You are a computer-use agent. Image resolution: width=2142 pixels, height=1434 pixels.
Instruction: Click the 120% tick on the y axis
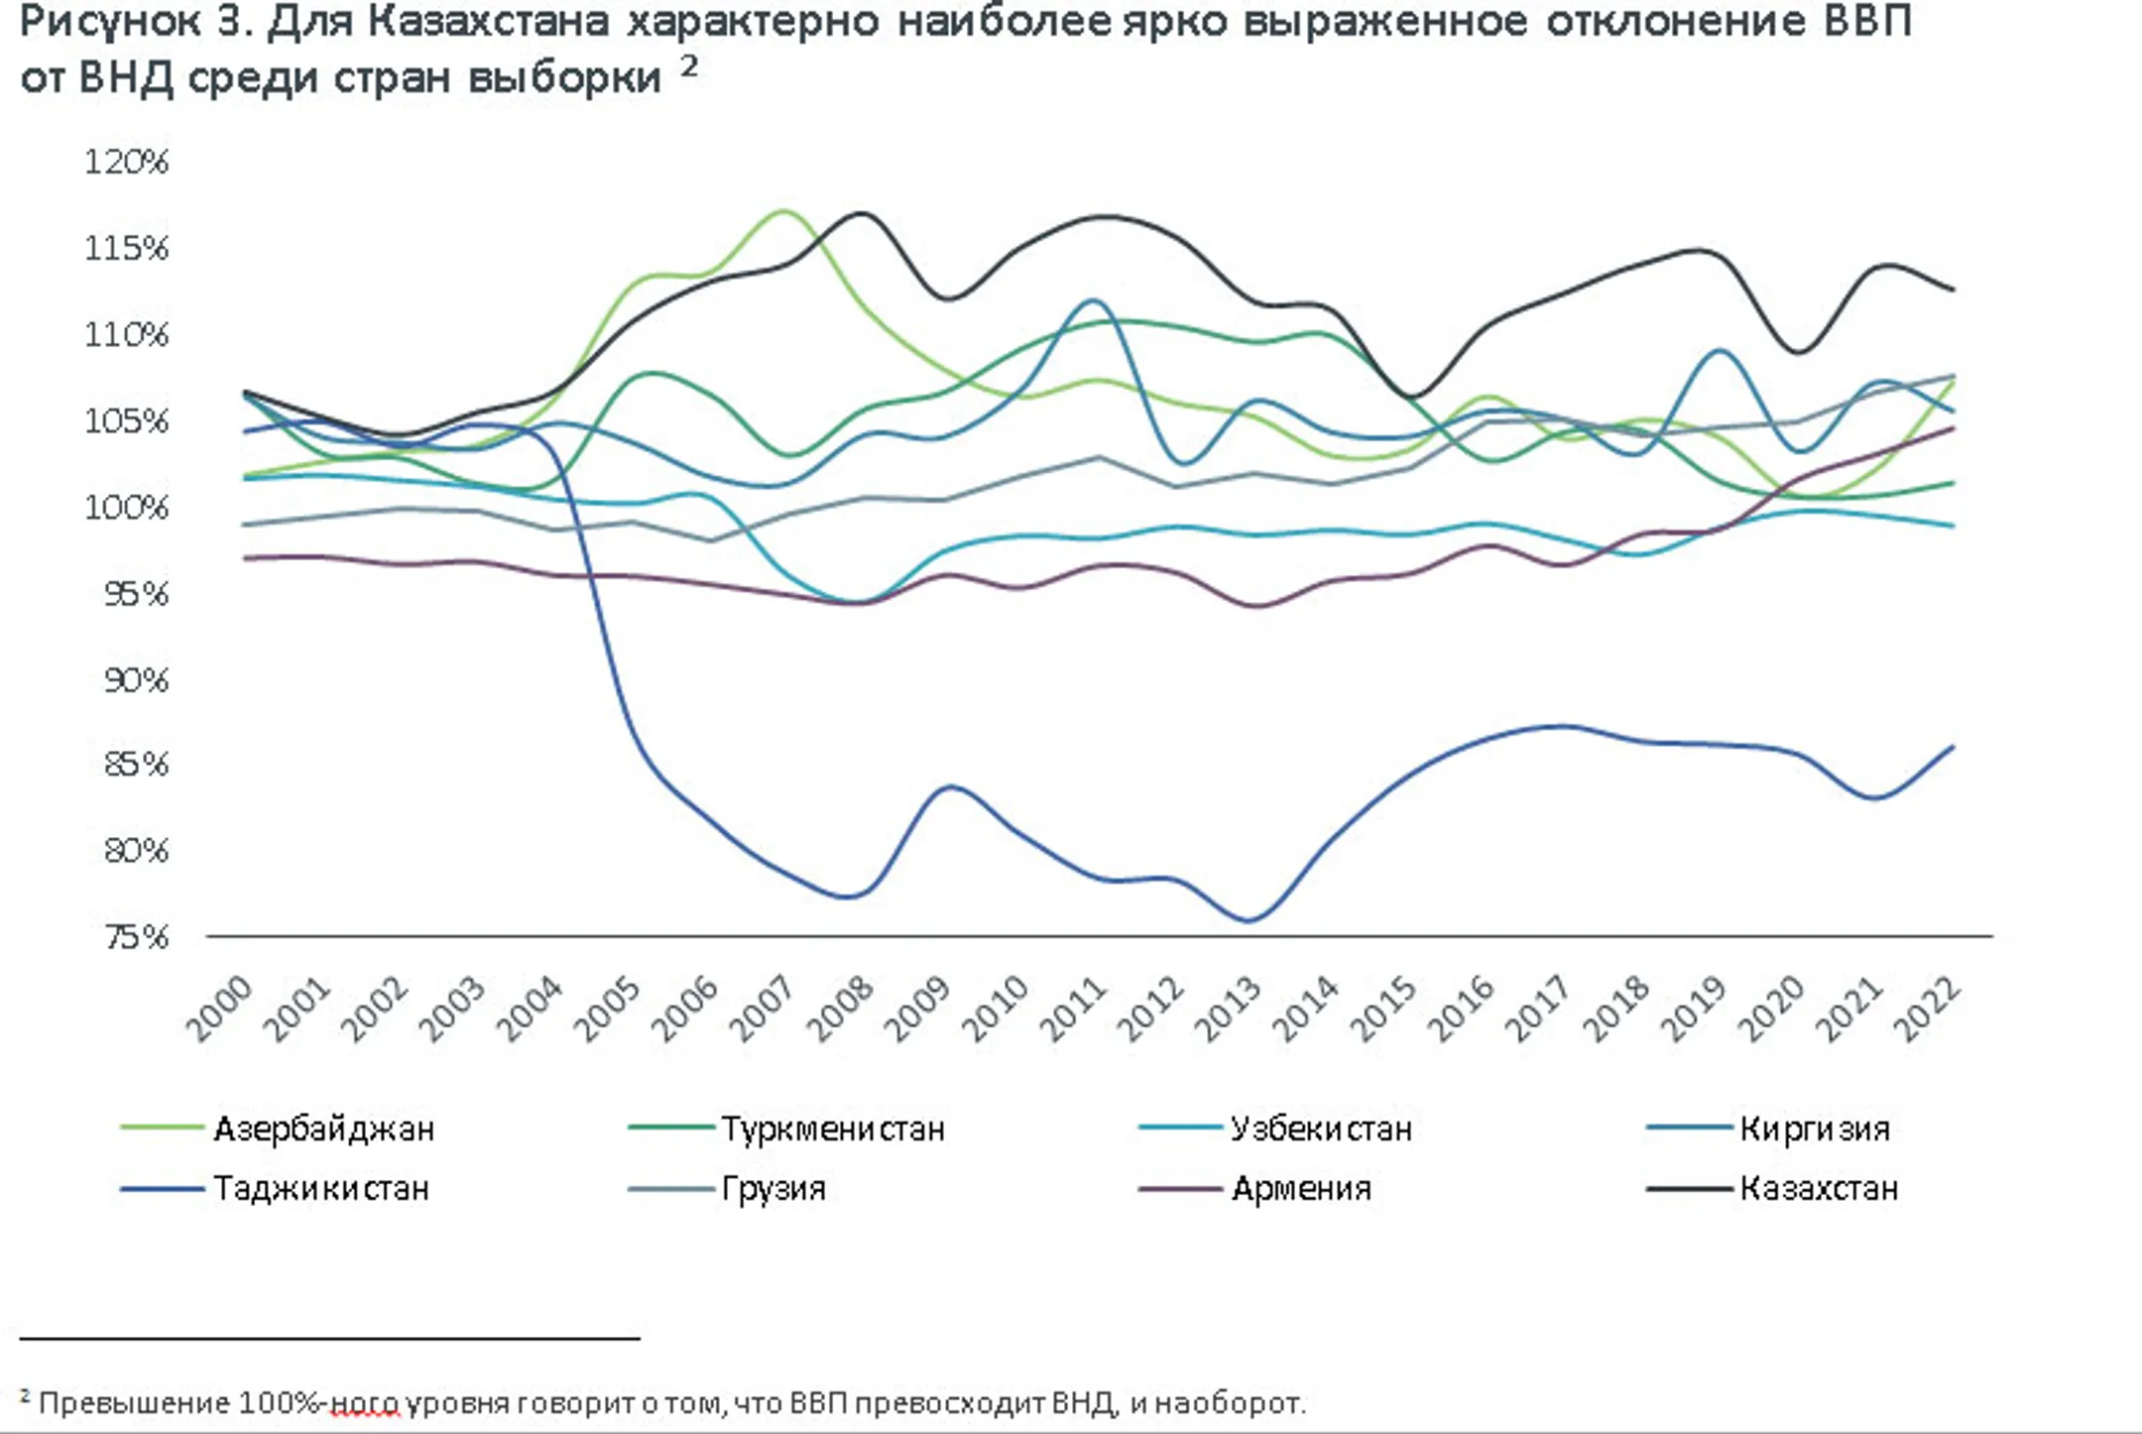pyautogui.click(x=126, y=161)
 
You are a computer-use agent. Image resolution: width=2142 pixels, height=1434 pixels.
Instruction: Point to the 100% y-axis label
pyautogui.click(x=126, y=508)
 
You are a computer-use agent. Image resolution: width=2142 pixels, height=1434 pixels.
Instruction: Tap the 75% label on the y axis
pyautogui.click(x=136, y=936)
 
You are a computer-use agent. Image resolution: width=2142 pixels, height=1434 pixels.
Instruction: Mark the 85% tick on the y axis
pyautogui.click(x=136, y=764)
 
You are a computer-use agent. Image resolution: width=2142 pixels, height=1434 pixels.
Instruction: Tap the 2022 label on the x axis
pyautogui.click(x=1927, y=1009)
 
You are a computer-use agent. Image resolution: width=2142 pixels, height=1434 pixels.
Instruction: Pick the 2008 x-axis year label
pyautogui.click(x=841, y=1009)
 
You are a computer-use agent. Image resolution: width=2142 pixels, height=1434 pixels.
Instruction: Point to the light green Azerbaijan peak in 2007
pyautogui.click(x=782, y=211)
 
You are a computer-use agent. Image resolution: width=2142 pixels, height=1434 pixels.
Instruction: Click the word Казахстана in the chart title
pyautogui.click(x=487, y=22)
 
